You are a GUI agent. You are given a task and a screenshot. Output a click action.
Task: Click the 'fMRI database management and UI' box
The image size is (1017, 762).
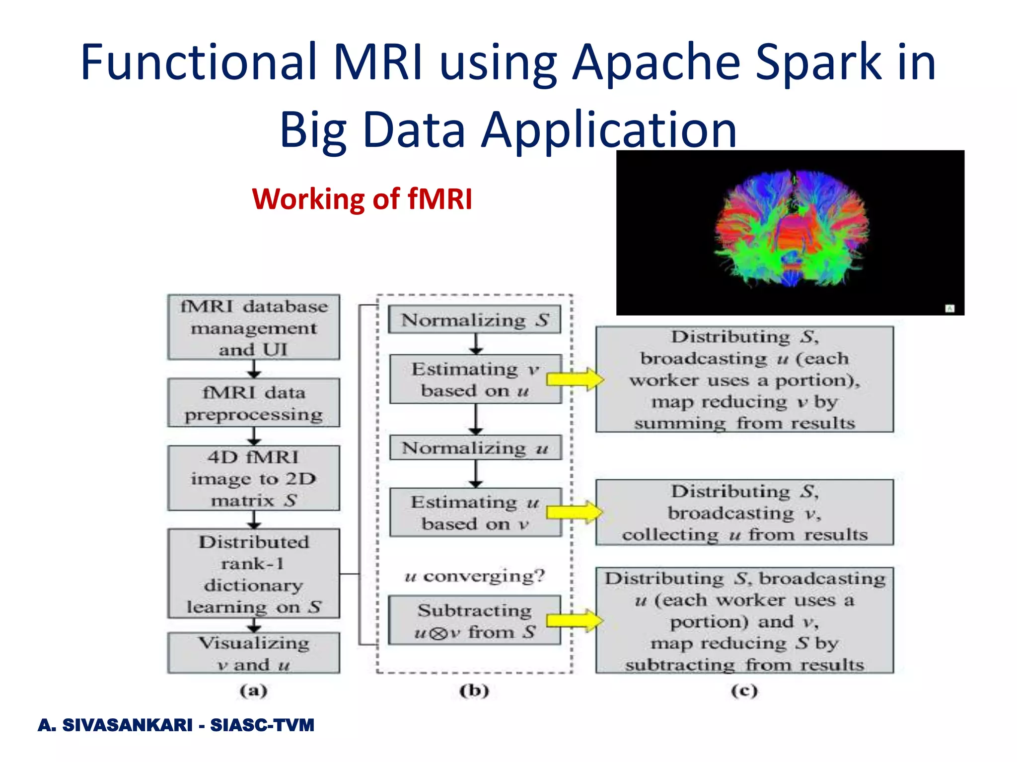pyautogui.click(x=254, y=327)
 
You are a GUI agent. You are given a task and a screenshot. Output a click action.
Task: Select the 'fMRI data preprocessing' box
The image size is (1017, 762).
pyautogui.click(x=254, y=403)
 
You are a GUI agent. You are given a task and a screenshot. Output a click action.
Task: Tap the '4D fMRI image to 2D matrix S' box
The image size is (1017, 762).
pyautogui.click(x=254, y=478)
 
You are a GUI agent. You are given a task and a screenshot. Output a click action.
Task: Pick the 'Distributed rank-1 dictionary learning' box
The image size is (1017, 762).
pyautogui.click(x=254, y=573)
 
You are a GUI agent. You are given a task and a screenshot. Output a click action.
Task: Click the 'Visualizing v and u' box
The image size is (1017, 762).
pyautogui.click(x=254, y=653)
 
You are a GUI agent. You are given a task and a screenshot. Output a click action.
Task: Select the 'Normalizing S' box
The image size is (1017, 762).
pyautogui.click(x=475, y=320)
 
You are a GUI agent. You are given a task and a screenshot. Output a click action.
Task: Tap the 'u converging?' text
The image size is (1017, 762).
pyautogui.click(x=475, y=576)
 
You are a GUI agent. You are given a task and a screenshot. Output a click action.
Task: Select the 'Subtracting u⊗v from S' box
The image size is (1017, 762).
pyautogui.click(x=475, y=621)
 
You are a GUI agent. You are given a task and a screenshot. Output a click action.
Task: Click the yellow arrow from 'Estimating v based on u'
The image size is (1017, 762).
pyautogui.click(x=575, y=380)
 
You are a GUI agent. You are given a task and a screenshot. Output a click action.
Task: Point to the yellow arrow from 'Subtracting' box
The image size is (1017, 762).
pyautogui.click(x=574, y=621)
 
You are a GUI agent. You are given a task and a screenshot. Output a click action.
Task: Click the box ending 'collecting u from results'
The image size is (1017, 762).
pyautogui.click(x=744, y=512)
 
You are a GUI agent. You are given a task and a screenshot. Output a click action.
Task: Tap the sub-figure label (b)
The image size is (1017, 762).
pyautogui.click(x=474, y=690)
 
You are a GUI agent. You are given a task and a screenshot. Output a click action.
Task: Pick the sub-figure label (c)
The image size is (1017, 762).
pyautogui.click(x=744, y=690)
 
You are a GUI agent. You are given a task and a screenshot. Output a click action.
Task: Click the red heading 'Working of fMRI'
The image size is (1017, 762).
pyautogui.click(x=362, y=199)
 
